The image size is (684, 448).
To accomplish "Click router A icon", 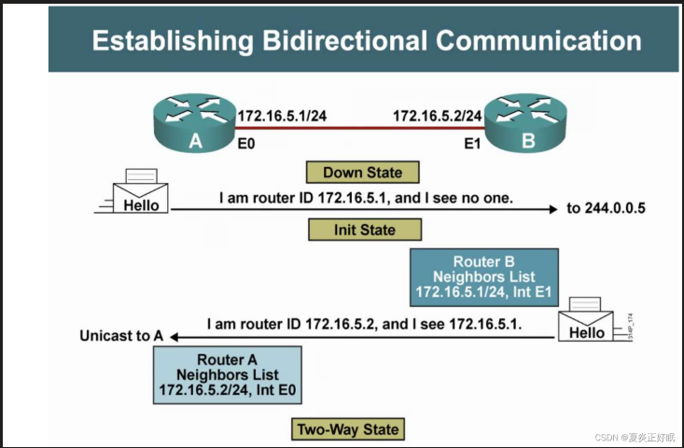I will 195,125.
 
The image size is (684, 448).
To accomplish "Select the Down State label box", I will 362,172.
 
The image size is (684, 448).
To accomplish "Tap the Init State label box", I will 364,230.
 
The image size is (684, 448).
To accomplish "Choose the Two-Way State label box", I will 347,429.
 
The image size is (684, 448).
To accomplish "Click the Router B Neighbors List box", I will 483,277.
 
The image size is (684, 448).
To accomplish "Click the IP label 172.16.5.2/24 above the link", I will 437,116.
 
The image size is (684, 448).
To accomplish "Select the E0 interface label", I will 247,145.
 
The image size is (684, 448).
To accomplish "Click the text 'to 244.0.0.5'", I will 606,208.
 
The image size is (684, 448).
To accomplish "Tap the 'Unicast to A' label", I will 122,336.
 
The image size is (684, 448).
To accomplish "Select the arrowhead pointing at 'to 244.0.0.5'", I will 552,209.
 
